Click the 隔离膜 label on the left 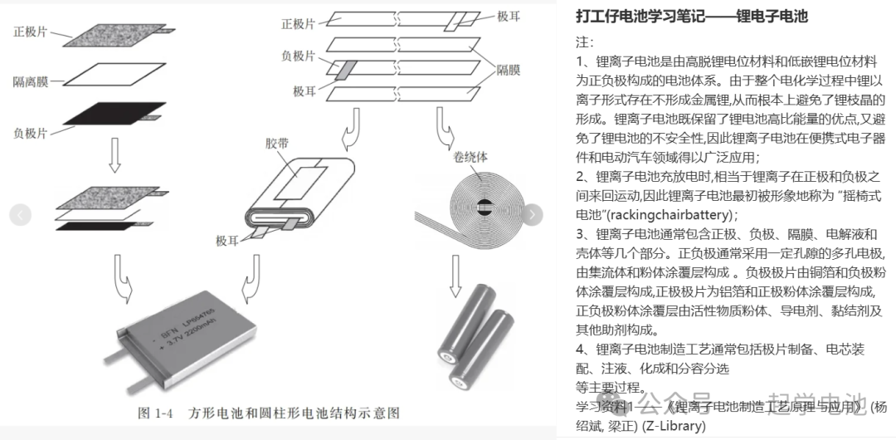pyautogui.click(x=31, y=81)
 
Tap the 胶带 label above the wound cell pyautogui.click(x=277, y=144)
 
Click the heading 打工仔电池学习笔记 pyautogui.click(x=691, y=17)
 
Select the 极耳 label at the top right pyautogui.click(x=509, y=16)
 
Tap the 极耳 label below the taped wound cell pyautogui.click(x=228, y=241)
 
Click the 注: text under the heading pyautogui.click(x=584, y=42)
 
